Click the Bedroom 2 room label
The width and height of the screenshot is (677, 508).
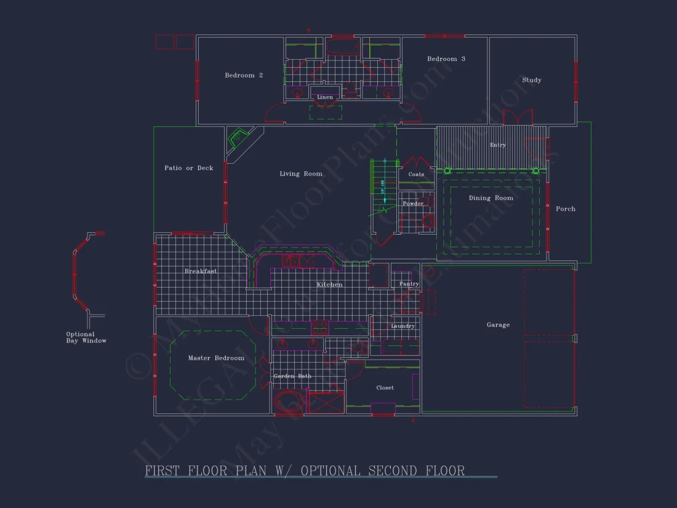point(244,76)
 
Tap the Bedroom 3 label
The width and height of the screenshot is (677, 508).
point(446,59)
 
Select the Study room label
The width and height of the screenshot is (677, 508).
point(532,80)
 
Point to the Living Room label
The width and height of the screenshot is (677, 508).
point(301,174)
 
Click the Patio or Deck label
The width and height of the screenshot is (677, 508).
point(189,168)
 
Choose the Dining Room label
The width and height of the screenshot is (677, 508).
point(491,198)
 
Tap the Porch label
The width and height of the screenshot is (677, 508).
point(566,209)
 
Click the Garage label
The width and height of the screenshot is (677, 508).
point(498,325)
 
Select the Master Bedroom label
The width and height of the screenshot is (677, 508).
point(216,358)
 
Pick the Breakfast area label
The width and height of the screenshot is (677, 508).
point(201,272)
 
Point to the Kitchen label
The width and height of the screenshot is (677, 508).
point(330,285)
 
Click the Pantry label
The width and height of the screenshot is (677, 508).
point(409,284)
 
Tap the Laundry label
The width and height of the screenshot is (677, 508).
point(403,326)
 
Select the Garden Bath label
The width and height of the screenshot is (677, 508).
point(292,376)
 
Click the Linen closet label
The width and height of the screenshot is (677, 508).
point(325,97)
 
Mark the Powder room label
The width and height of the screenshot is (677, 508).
point(413,204)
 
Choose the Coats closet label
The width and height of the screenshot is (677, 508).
point(416,175)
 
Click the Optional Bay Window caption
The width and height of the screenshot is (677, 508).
point(86,337)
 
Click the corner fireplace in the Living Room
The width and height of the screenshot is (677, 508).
point(238,139)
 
